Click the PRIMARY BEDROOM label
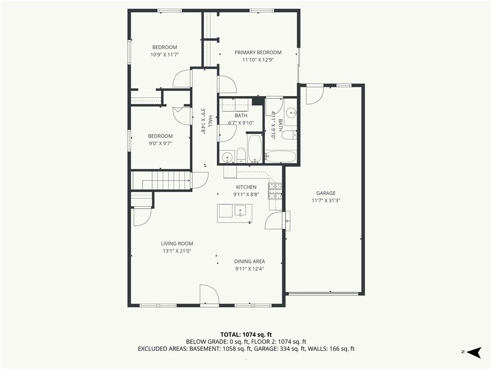258,52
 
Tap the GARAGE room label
326,193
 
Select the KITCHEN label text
246,187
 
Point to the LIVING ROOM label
177,244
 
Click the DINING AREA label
249,261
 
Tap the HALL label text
210,121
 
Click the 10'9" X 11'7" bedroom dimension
165,55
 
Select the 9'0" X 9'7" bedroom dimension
160,143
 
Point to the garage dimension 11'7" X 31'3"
326,200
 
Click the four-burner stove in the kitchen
275,191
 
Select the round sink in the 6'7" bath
227,157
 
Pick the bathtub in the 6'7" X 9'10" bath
255,149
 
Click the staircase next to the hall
160,181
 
